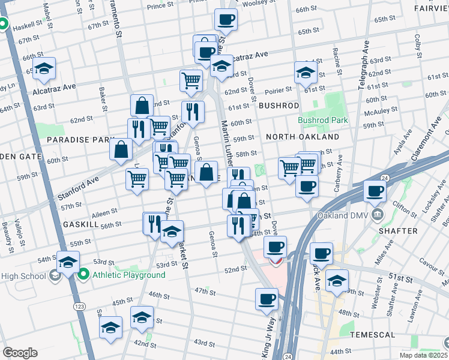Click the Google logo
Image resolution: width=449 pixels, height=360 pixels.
tap(20, 352)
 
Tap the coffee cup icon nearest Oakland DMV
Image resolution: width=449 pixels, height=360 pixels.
tap(375, 191)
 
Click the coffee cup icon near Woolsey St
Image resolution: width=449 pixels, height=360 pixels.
tap(226, 19)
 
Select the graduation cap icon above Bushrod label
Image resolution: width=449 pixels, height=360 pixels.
tap(306, 73)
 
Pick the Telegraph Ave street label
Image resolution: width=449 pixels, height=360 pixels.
tap(364, 67)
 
